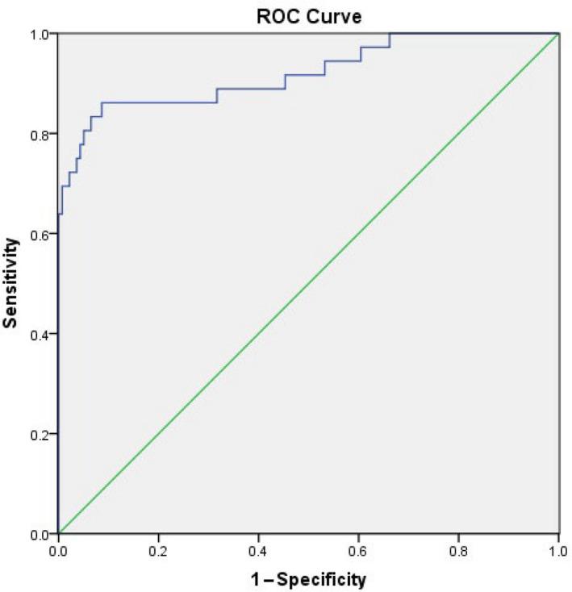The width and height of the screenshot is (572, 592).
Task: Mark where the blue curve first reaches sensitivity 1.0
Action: pos(390,34)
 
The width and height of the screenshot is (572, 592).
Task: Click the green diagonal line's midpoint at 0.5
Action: pos(309,284)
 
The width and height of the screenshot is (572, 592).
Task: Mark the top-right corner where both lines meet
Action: pos(559,34)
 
